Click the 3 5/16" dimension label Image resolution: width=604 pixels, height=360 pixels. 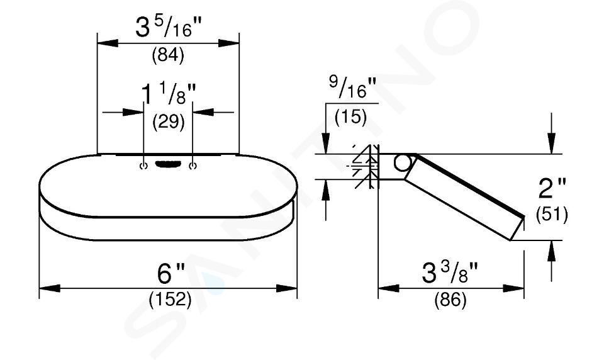tap(169, 28)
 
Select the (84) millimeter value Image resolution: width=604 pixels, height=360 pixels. tap(168, 56)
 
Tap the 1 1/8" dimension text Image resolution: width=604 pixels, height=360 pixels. tap(169, 94)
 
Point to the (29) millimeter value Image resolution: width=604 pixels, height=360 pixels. tap(169, 122)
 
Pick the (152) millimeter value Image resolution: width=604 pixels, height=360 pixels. tap(170, 300)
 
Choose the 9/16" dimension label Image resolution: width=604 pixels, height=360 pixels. tap(352, 87)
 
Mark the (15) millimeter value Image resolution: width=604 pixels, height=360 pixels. tap(350, 117)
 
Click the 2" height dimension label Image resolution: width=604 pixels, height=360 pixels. tap(552, 188)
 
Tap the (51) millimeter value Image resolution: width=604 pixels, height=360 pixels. tap(552, 215)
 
